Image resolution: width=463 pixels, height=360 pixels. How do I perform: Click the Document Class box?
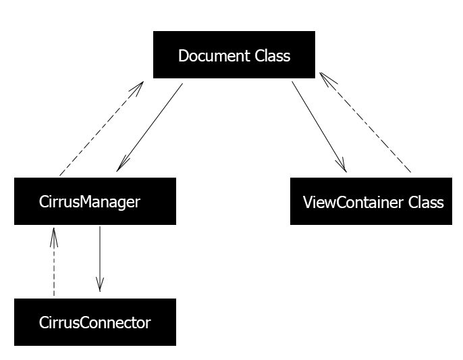pyautogui.click(x=234, y=55)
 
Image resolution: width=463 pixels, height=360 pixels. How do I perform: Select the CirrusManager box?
pyautogui.click(x=95, y=201)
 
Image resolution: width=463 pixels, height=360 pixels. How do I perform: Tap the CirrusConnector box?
pyautogui.click(x=95, y=322)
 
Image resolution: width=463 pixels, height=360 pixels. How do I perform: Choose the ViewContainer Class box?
pyautogui.click(x=371, y=201)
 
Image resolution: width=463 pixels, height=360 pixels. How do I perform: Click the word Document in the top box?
pyautogui.click(x=214, y=55)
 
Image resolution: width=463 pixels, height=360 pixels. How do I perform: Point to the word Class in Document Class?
pyautogui.click(x=273, y=55)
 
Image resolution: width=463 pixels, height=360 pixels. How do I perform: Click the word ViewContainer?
pyautogui.click(x=353, y=203)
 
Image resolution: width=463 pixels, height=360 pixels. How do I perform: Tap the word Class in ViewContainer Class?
pyautogui.click(x=426, y=203)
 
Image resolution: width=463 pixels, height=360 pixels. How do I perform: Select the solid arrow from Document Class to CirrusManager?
pyautogui.click(x=150, y=128)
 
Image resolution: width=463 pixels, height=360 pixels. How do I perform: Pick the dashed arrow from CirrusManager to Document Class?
pyautogui.click(x=101, y=128)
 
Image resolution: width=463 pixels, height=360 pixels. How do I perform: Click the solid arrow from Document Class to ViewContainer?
pyautogui.click(x=319, y=126)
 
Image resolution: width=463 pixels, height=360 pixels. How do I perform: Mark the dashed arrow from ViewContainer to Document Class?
pyautogui.click(x=365, y=122)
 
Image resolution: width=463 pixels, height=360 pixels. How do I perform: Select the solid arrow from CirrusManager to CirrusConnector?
pyautogui.click(x=100, y=259)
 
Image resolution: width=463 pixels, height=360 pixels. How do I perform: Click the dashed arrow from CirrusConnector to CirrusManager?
pyautogui.click(x=54, y=261)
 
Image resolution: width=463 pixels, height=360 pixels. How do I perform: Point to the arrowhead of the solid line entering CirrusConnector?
pyautogui.click(x=100, y=284)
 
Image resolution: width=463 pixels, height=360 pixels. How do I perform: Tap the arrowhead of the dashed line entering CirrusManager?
pyautogui.click(x=54, y=237)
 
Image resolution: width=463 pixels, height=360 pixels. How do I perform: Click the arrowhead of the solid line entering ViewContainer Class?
pyautogui.click(x=342, y=165)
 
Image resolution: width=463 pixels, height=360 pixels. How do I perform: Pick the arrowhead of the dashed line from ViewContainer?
pyautogui.click(x=327, y=78)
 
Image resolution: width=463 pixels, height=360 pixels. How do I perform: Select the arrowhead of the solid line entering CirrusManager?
pyautogui.click(x=122, y=163)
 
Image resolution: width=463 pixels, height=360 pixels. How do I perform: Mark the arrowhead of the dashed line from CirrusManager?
pyautogui.click(x=138, y=88)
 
